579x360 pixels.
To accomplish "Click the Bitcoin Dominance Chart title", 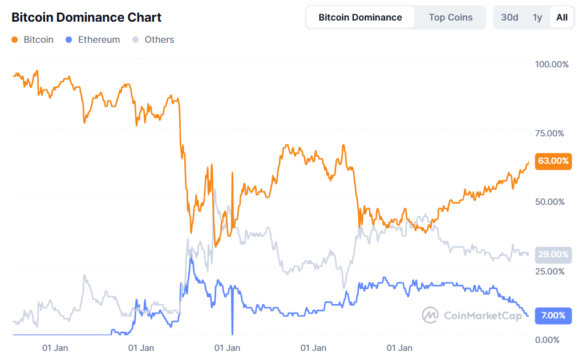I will (87, 18).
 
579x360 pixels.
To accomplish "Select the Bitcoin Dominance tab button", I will (360, 17).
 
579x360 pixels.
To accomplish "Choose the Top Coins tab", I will (451, 17).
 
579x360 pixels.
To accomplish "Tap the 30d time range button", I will (509, 17).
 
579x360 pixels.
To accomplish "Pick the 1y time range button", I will (537, 17).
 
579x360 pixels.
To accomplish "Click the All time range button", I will (562, 17).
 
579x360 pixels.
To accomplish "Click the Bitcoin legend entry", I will (33, 40).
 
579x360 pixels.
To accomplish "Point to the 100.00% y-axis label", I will (552, 64).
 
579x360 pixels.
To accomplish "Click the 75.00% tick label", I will (549, 134).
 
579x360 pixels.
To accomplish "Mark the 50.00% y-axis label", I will (549, 202).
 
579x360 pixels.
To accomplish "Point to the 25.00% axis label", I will (549, 271).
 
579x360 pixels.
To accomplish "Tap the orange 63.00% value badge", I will (553, 161).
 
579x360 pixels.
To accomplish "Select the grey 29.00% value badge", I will (553, 254).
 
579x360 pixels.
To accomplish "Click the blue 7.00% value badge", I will (553, 315).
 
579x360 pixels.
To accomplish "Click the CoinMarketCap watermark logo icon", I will (430, 315).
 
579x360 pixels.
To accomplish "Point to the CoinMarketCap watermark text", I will (482, 315).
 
